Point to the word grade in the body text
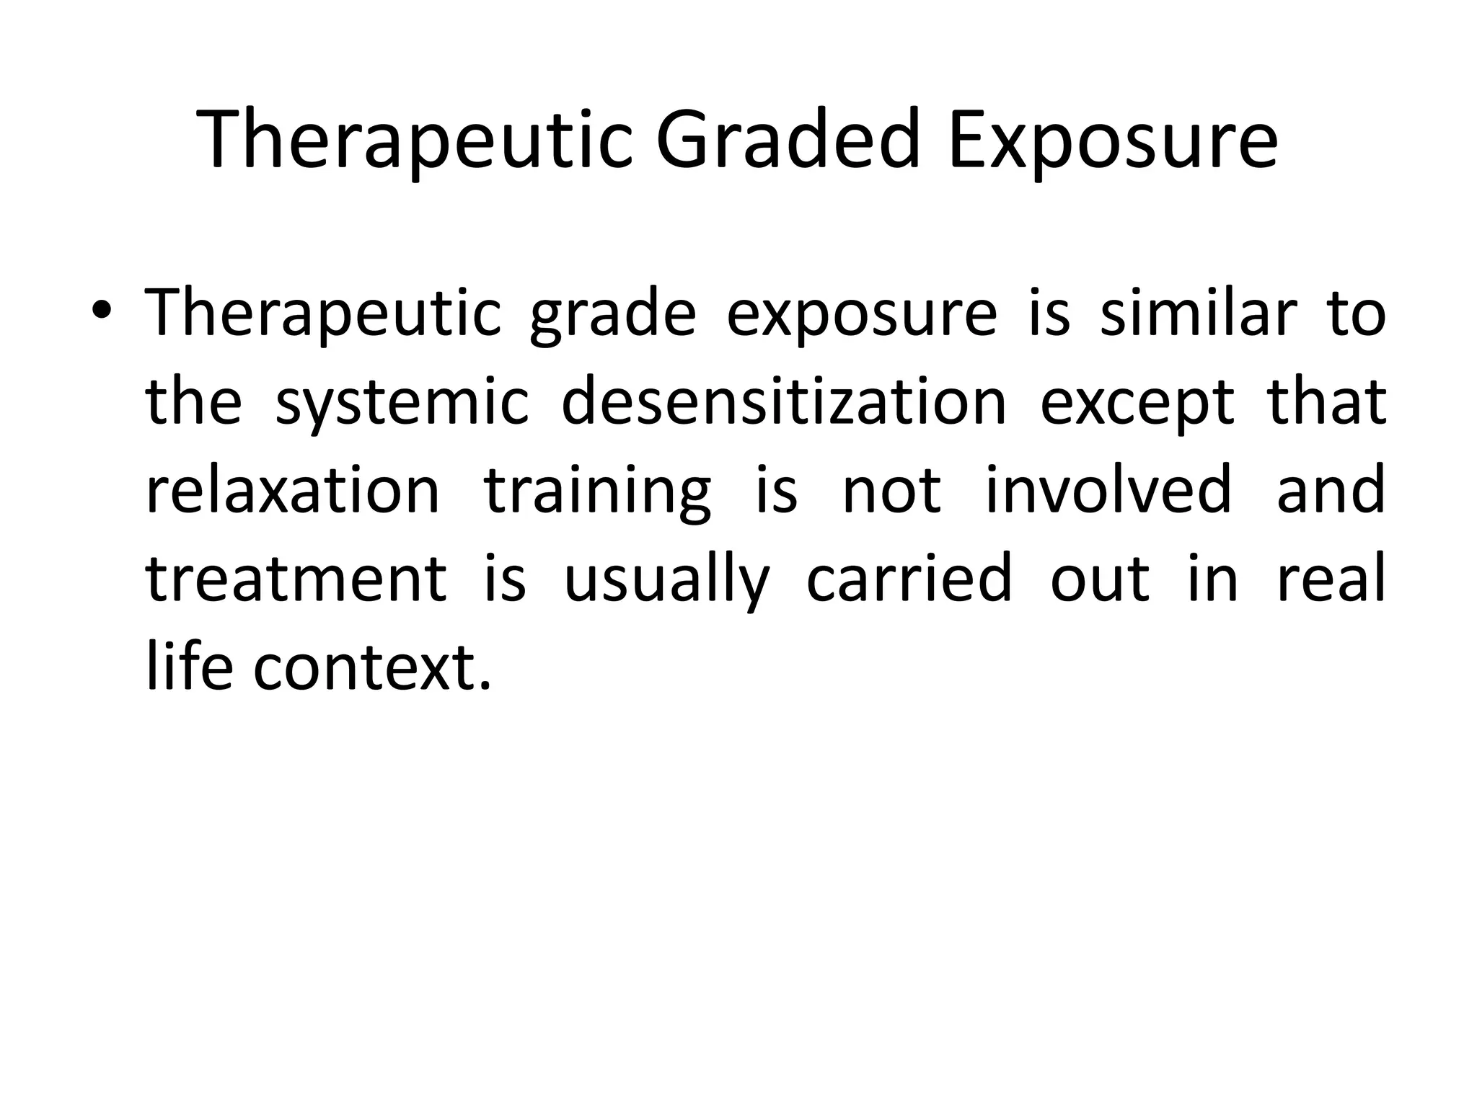click(x=613, y=315)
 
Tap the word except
click(x=1137, y=403)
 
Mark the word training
click(x=598, y=492)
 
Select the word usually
click(x=667, y=580)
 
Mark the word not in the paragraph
click(x=892, y=492)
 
